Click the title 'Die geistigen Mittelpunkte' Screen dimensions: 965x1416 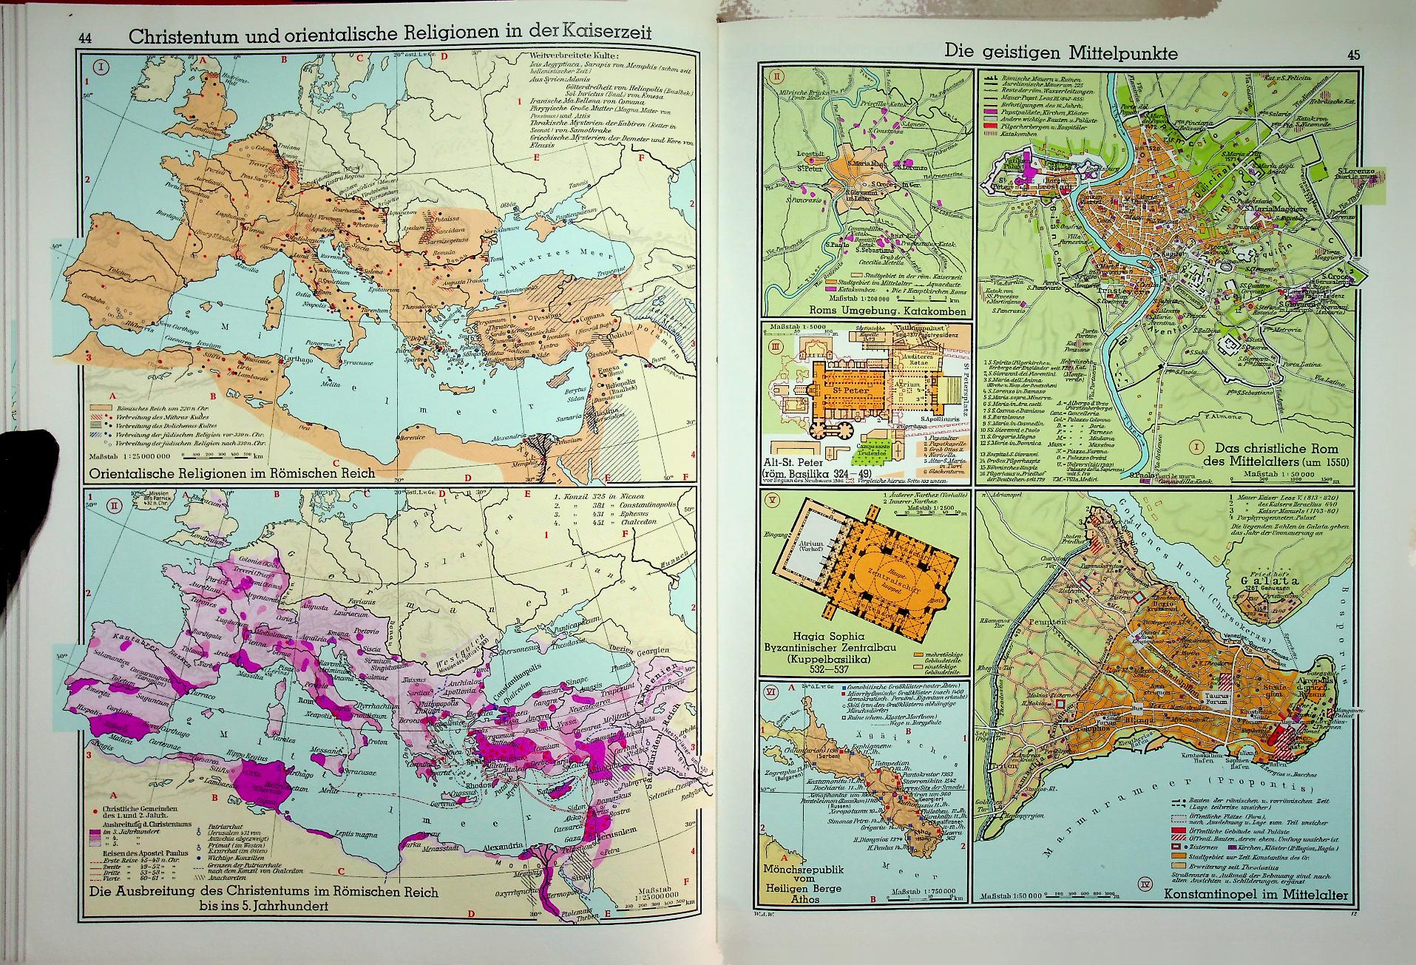pos(1061,53)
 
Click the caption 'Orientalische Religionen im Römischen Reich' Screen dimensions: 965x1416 pos(231,473)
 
